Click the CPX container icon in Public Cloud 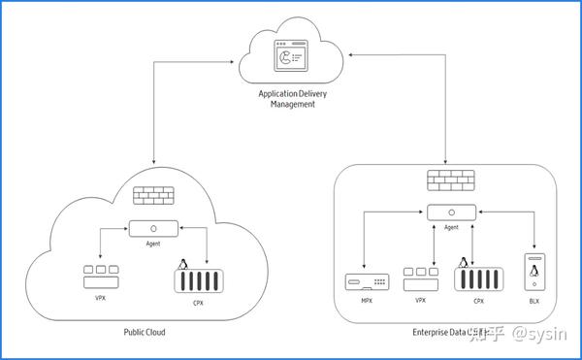[x=198, y=282]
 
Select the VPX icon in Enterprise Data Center [x=421, y=278]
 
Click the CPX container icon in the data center [x=478, y=281]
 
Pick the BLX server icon [x=533, y=274]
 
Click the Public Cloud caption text [x=144, y=333]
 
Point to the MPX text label [x=365, y=301]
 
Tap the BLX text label [x=533, y=302]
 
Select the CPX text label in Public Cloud [x=198, y=304]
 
